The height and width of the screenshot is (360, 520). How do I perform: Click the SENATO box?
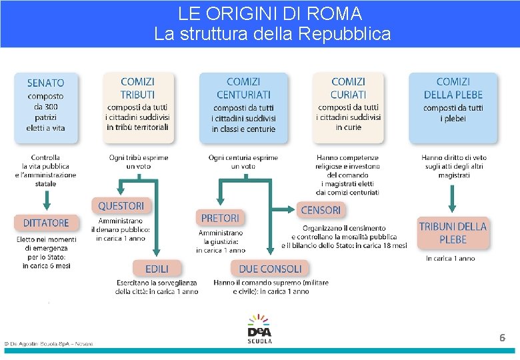[46, 107]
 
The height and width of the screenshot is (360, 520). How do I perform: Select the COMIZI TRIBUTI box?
[138, 107]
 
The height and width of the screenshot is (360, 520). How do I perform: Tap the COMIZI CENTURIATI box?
[243, 107]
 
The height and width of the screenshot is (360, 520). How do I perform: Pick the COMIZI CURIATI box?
[348, 107]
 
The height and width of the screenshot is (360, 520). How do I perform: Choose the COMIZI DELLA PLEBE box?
[453, 107]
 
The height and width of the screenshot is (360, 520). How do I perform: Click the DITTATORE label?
[46, 223]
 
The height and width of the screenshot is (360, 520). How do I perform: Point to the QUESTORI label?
[121, 206]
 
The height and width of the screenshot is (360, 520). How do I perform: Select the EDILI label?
[157, 269]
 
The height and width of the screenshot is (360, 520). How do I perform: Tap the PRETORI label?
[220, 218]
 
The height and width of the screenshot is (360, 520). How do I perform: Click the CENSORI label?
[321, 210]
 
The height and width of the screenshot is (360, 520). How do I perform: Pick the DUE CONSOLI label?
[270, 269]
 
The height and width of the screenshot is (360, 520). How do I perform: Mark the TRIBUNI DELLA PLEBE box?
[453, 233]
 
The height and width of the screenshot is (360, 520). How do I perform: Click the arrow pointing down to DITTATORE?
[46, 199]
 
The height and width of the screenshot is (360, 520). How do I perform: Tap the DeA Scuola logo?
[259, 329]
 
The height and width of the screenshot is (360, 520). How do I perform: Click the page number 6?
[502, 338]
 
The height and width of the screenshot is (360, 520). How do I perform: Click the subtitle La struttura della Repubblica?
[272, 33]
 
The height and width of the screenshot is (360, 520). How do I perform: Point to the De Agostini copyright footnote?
[48, 344]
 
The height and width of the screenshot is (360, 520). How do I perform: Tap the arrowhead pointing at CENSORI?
[291, 209]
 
